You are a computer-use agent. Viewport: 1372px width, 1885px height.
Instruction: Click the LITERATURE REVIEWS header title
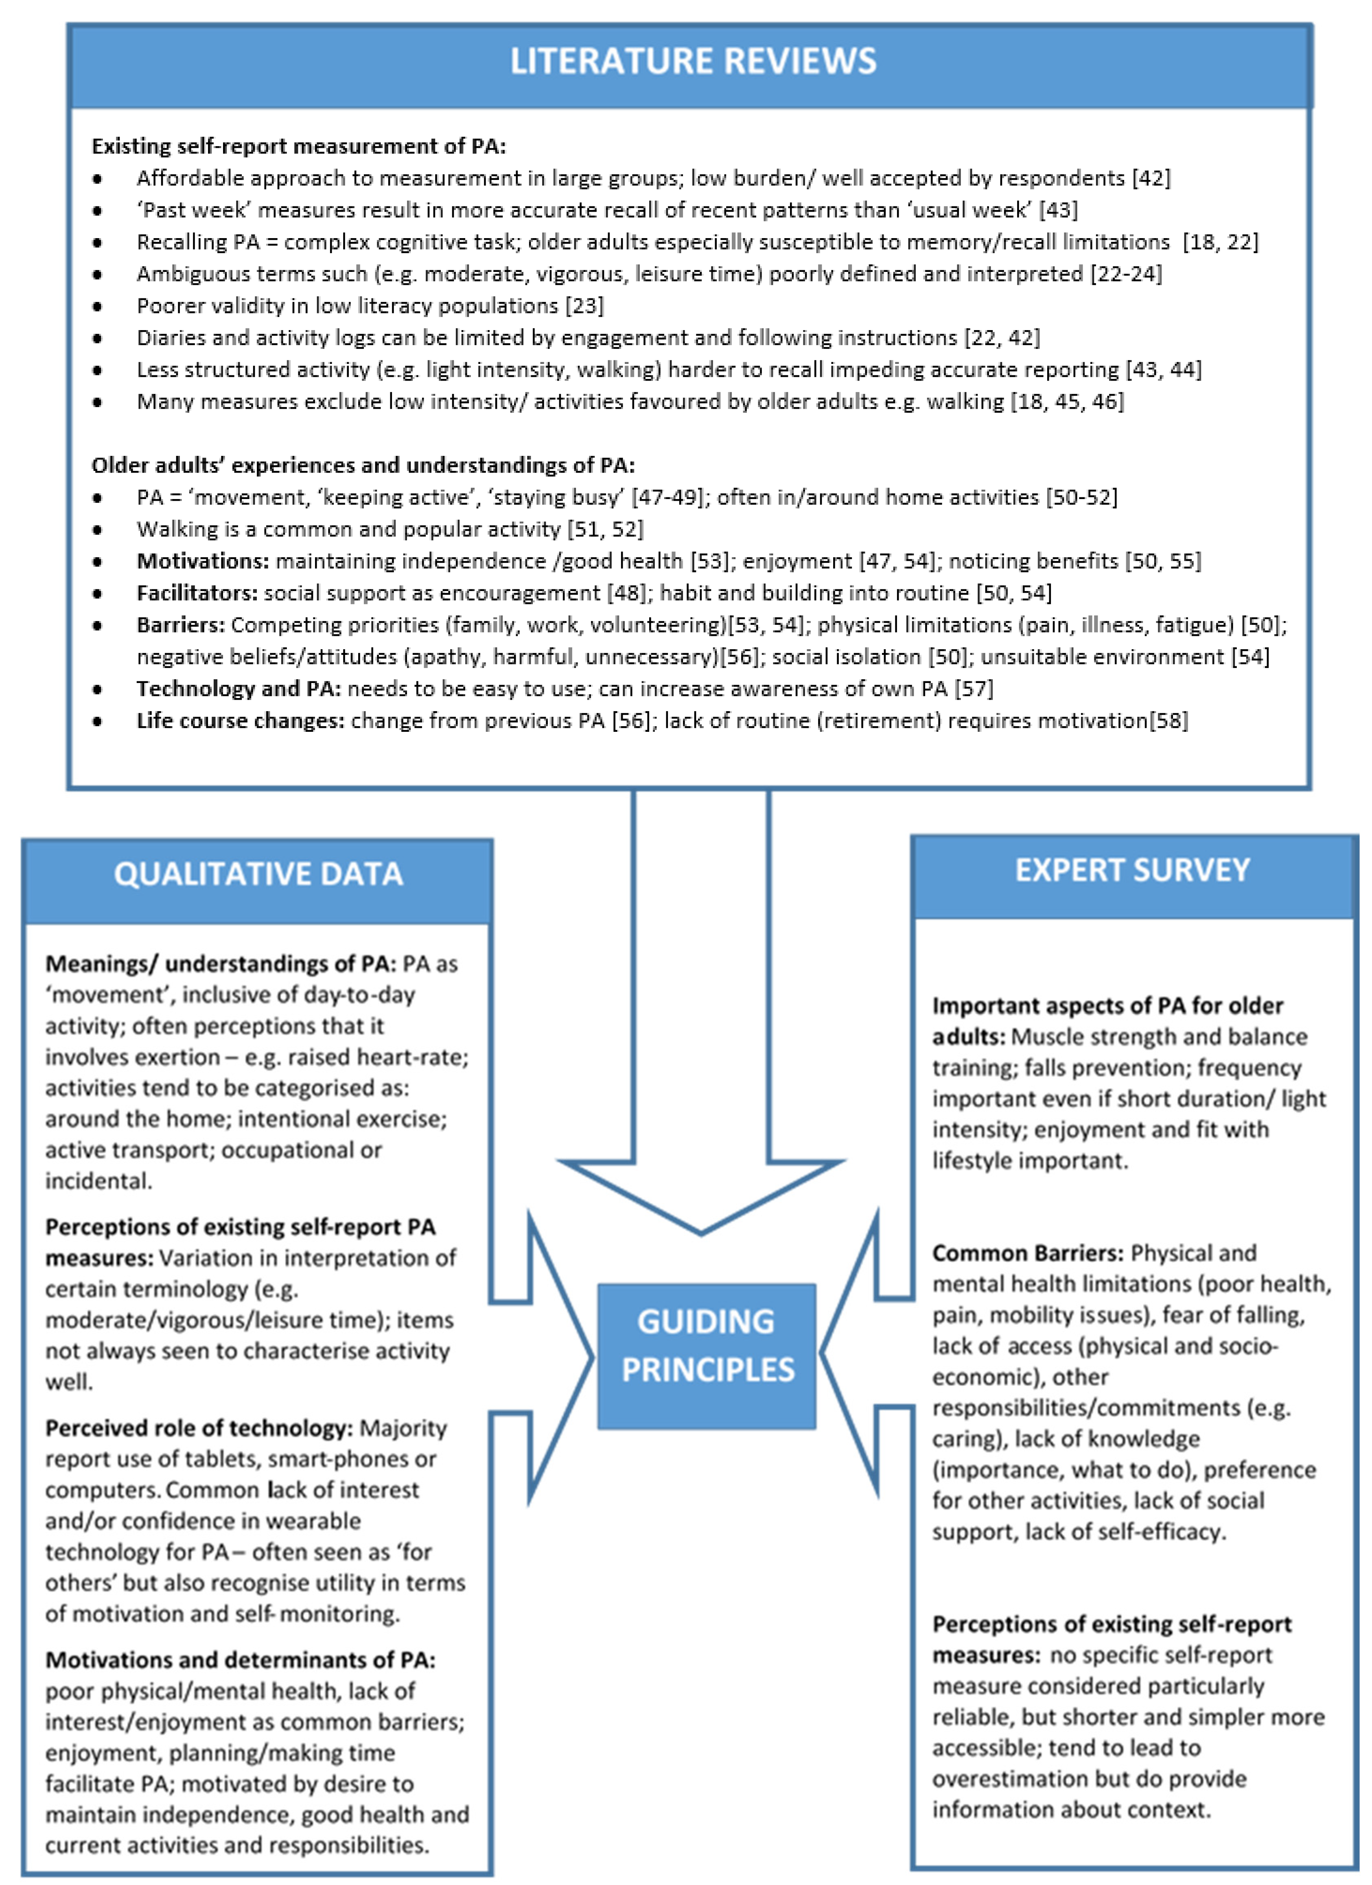coord(693,61)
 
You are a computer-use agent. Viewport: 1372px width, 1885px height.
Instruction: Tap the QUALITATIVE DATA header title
coord(258,874)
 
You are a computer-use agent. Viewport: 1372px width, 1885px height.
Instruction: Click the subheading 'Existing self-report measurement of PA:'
coord(298,146)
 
